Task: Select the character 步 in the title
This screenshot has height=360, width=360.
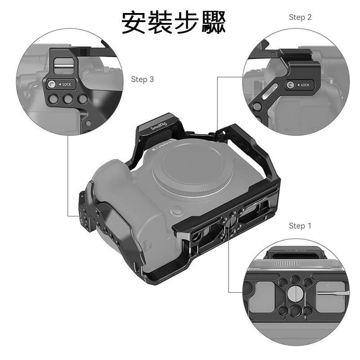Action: (x=186, y=22)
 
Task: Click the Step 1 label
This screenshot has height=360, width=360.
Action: (x=300, y=225)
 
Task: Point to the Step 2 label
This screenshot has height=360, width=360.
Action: (x=300, y=17)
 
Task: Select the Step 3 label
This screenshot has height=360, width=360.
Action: (x=142, y=79)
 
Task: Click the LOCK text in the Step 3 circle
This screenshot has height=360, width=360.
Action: (x=66, y=85)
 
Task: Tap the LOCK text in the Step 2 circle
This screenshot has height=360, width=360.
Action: (x=305, y=85)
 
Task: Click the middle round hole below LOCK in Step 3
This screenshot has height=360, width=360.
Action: (x=67, y=99)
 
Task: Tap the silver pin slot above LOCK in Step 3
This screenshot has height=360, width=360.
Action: (x=63, y=68)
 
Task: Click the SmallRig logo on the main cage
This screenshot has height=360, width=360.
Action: (x=158, y=127)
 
